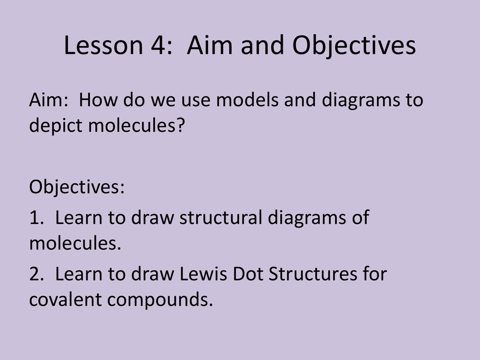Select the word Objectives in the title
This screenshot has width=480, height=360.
(x=354, y=46)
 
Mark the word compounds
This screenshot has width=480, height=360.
(x=160, y=300)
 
